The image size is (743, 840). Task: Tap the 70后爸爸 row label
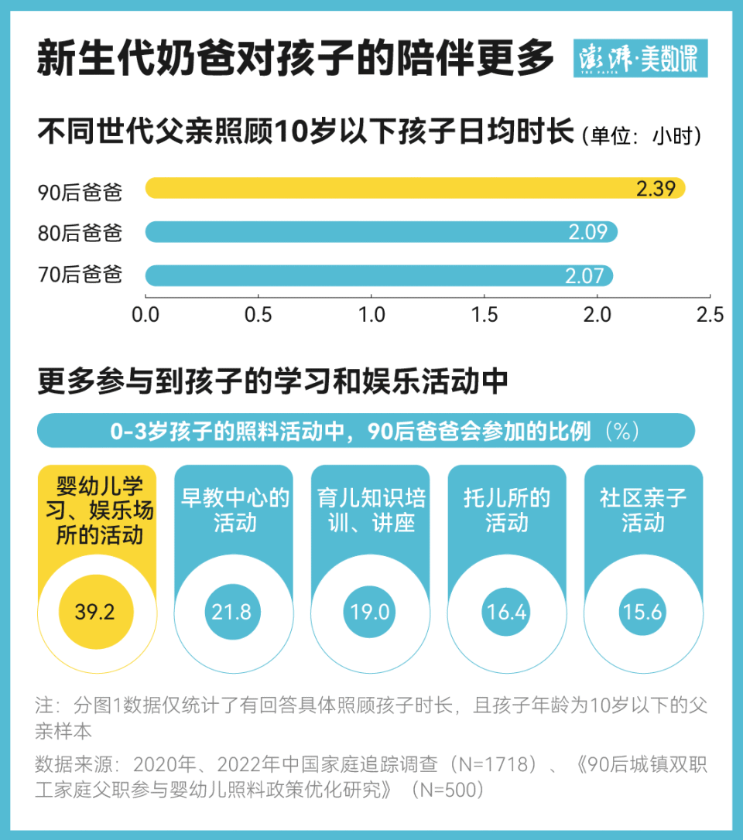pyautogui.click(x=80, y=275)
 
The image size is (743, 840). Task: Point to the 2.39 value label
pyautogui.click(x=656, y=189)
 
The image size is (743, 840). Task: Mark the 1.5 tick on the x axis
pyautogui.click(x=484, y=315)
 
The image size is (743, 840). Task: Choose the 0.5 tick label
pyautogui.click(x=258, y=315)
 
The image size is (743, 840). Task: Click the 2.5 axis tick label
pyautogui.click(x=710, y=315)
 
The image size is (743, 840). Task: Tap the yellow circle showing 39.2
pyautogui.click(x=95, y=613)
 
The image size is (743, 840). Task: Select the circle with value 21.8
pyautogui.click(x=232, y=613)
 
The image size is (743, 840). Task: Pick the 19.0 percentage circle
pyautogui.click(x=370, y=613)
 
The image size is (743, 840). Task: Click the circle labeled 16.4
pyautogui.click(x=506, y=613)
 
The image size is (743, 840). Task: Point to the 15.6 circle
pyautogui.click(x=643, y=613)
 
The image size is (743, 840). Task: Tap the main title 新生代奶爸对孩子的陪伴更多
pyautogui.click(x=296, y=59)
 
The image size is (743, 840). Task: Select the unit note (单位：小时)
pyautogui.click(x=641, y=136)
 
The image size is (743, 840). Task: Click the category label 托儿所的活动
pyautogui.click(x=506, y=510)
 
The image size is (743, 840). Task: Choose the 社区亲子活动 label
pyautogui.click(x=643, y=510)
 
